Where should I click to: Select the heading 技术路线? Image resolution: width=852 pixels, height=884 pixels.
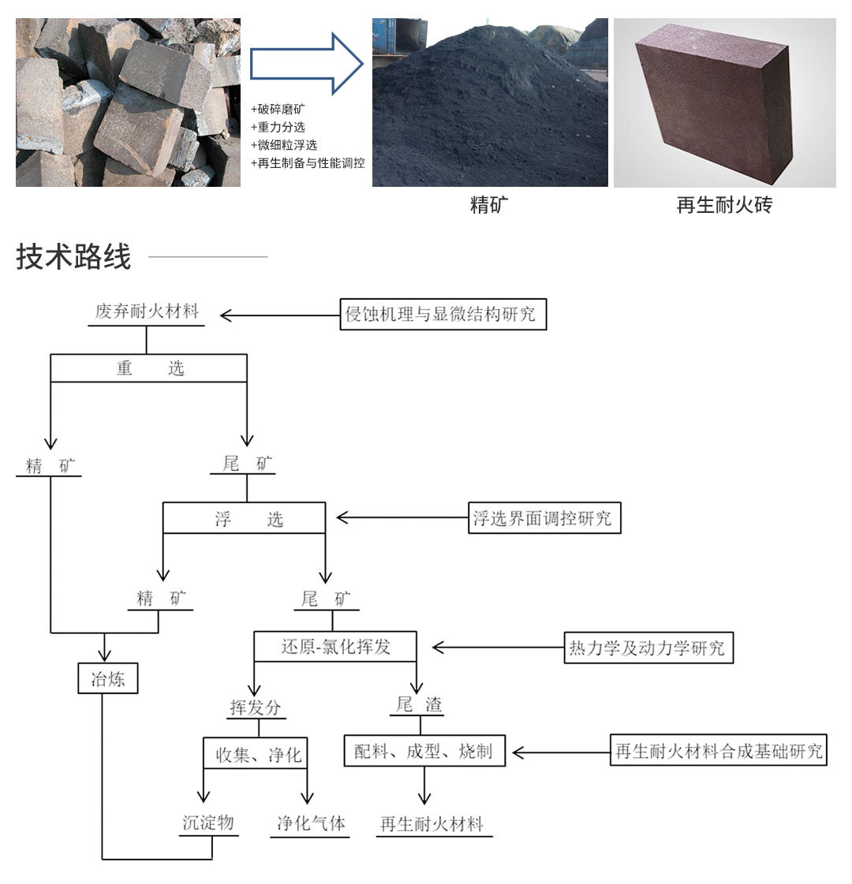click(73, 257)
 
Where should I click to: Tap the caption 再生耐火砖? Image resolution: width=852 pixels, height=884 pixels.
click(724, 205)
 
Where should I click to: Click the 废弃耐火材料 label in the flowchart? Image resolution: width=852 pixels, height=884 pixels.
click(148, 311)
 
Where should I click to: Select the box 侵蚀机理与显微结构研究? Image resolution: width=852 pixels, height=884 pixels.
click(443, 314)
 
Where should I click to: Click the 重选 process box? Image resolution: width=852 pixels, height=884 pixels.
click(149, 368)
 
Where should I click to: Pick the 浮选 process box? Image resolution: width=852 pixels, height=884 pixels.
click(244, 517)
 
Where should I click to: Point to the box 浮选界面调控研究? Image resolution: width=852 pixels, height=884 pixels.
click(544, 517)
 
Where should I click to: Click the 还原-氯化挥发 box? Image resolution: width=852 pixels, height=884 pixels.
click(335, 646)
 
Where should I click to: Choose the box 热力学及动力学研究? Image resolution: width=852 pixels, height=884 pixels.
click(649, 647)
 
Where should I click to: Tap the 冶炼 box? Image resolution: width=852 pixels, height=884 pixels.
click(108, 678)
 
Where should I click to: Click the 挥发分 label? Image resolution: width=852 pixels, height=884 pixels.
click(256, 707)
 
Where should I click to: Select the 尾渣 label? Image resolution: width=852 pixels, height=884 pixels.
click(419, 704)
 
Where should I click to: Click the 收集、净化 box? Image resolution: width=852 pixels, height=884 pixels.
click(256, 753)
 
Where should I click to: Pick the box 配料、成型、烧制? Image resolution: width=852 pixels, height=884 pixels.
click(424, 751)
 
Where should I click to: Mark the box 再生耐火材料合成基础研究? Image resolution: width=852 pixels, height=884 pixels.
click(719, 750)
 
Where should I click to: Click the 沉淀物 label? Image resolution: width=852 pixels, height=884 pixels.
click(208, 822)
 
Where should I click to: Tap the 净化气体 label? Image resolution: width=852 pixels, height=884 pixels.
click(311, 824)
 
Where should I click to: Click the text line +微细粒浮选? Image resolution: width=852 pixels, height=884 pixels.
click(284, 145)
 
